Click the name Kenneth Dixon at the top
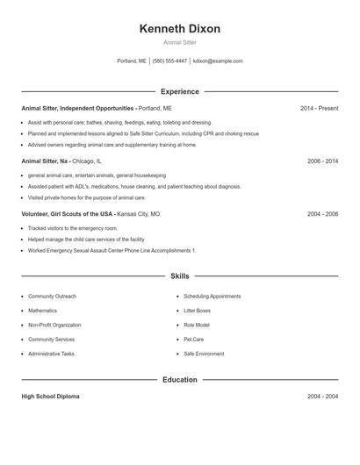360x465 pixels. pos(180,29)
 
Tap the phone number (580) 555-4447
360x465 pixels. pos(169,61)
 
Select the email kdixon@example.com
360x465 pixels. pos(218,61)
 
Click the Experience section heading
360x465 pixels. pos(180,91)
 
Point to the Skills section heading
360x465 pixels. pos(180,275)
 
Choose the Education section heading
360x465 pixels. pos(180,380)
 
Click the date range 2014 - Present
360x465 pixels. pos(319,108)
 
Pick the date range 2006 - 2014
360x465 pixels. pos(322,161)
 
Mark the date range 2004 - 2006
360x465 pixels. pos(322,214)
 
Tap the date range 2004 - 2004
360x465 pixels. pos(322,397)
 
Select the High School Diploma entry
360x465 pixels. pos(50,397)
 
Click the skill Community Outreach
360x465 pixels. pos(52,297)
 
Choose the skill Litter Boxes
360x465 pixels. pos(197,311)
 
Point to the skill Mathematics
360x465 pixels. pos(42,311)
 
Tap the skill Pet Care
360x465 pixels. pos(193,340)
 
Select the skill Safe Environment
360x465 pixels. pos(204,354)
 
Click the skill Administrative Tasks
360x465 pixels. pos(51,354)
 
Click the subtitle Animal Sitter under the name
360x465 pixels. pos(180,42)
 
